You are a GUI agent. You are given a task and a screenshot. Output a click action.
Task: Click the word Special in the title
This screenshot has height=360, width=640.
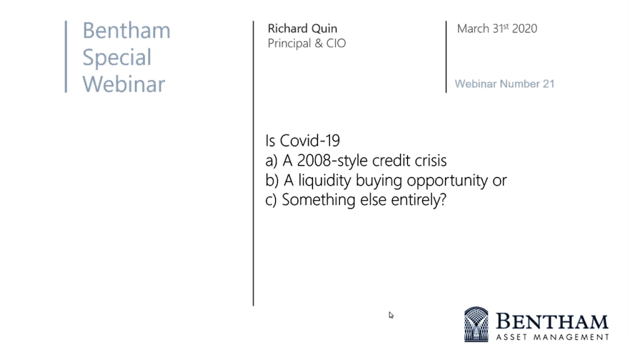point(117,57)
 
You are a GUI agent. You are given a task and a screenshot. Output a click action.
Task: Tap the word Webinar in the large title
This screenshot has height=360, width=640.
point(124,84)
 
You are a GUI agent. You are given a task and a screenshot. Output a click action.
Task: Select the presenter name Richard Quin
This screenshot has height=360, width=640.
point(302,29)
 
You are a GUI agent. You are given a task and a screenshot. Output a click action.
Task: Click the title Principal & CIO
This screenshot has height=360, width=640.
point(306,43)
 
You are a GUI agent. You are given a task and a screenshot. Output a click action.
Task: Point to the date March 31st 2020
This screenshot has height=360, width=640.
point(497,29)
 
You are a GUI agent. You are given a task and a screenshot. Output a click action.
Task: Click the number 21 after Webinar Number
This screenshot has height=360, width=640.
point(549,84)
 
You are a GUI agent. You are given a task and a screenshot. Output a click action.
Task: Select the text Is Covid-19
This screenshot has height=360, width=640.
point(302,141)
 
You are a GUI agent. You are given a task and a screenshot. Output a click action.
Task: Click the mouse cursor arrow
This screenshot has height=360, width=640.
point(391,315)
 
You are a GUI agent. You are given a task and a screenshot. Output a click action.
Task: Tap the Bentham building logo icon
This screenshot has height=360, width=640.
point(476,324)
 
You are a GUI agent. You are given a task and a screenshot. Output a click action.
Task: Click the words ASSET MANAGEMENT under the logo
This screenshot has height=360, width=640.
point(552,337)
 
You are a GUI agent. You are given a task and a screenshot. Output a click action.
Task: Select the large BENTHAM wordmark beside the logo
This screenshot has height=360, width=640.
point(552,322)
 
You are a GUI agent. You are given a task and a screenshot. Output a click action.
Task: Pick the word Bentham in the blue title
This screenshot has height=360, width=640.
point(126,31)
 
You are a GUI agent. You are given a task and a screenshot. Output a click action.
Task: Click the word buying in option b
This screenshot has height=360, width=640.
point(379,181)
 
